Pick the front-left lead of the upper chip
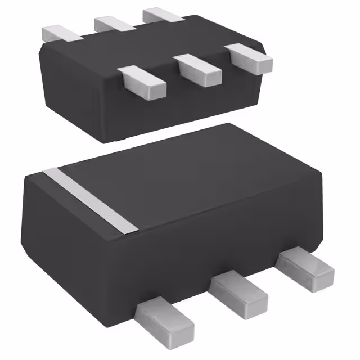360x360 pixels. click(x=143, y=80)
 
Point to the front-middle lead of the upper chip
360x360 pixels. click(x=200, y=69)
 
